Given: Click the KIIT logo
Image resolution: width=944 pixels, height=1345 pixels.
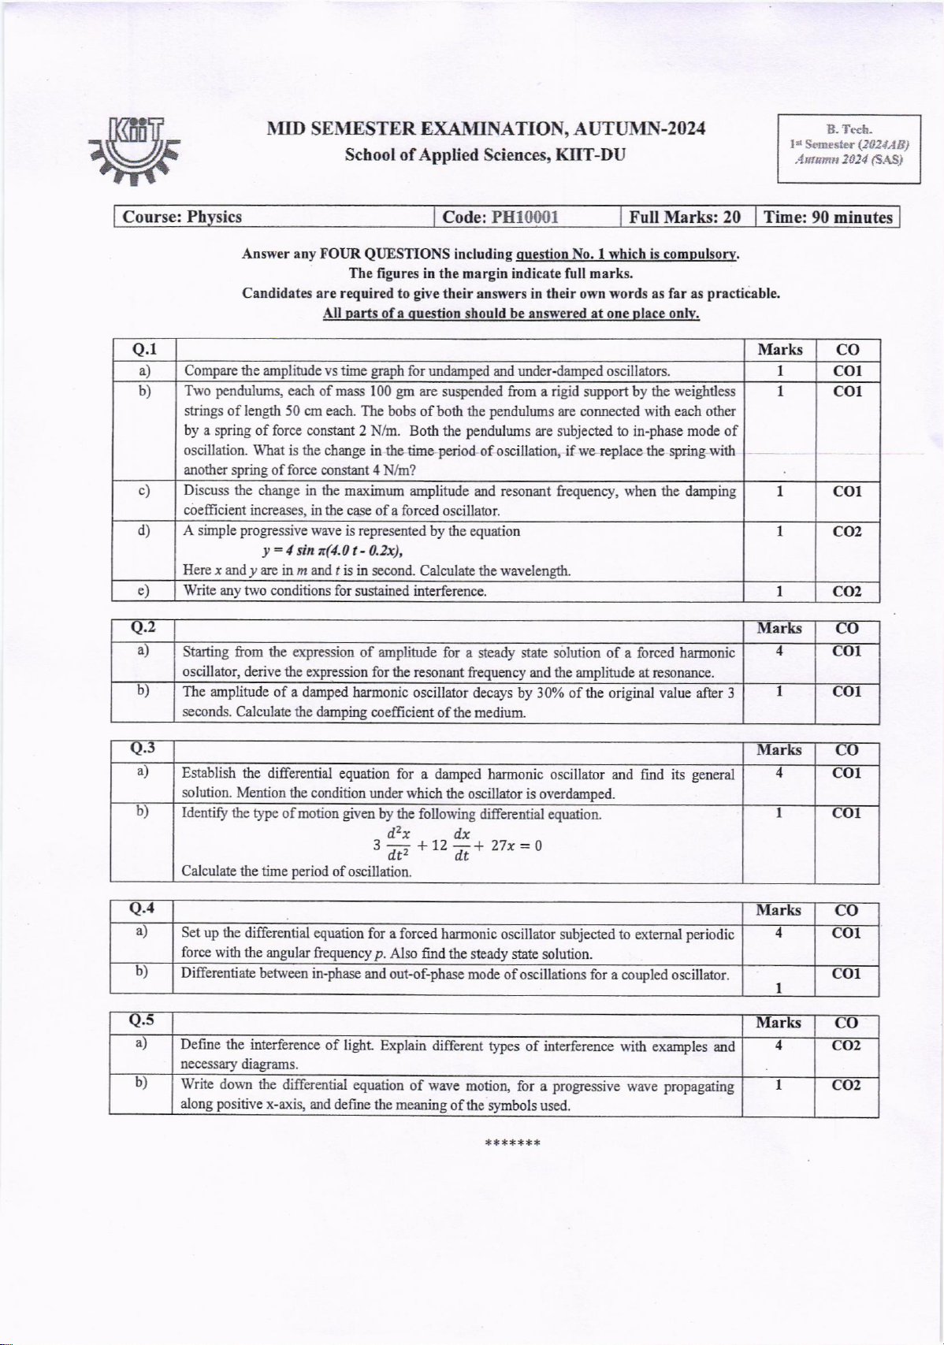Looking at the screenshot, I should [135, 150].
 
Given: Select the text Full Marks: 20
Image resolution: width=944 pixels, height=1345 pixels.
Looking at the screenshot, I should [685, 217].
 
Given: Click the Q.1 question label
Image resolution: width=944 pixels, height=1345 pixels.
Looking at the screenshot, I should [144, 349].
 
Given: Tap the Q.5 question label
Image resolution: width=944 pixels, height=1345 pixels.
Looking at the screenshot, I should [142, 1021].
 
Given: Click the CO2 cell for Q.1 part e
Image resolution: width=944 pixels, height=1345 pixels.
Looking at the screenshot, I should [847, 592].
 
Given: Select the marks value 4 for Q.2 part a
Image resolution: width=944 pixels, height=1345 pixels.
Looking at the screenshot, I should [779, 652].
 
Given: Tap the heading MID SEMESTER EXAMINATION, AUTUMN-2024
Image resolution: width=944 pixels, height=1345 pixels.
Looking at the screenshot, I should [485, 129].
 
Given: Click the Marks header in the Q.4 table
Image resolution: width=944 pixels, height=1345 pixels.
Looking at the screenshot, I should [779, 911].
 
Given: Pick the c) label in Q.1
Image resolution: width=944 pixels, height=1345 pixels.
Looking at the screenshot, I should [144, 491].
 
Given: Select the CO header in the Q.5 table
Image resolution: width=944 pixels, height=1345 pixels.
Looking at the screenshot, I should [846, 1023].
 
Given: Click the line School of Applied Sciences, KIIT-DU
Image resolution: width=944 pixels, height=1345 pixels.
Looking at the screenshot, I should [485, 154].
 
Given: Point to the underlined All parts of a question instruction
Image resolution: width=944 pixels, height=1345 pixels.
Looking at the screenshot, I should [511, 314].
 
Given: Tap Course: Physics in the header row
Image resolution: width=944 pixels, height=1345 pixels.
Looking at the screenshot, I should [183, 217].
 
